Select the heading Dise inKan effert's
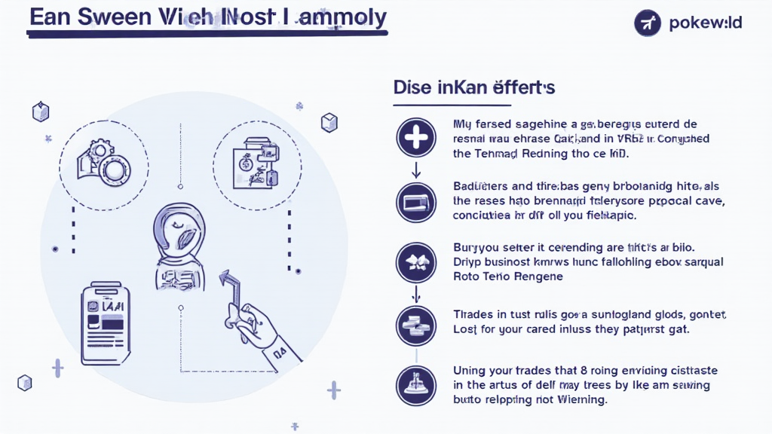(x=474, y=87)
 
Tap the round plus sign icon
(x=416, y=138)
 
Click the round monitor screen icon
(x=416, y=202)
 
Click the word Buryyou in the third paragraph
(x=480, y=247)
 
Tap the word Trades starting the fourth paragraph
(x=475, y=313)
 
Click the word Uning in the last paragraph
(x=471, y=371)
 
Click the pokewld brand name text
(x=706, y=23)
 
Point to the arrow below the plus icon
(x=416, y=170)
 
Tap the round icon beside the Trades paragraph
(x=416, y=325)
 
